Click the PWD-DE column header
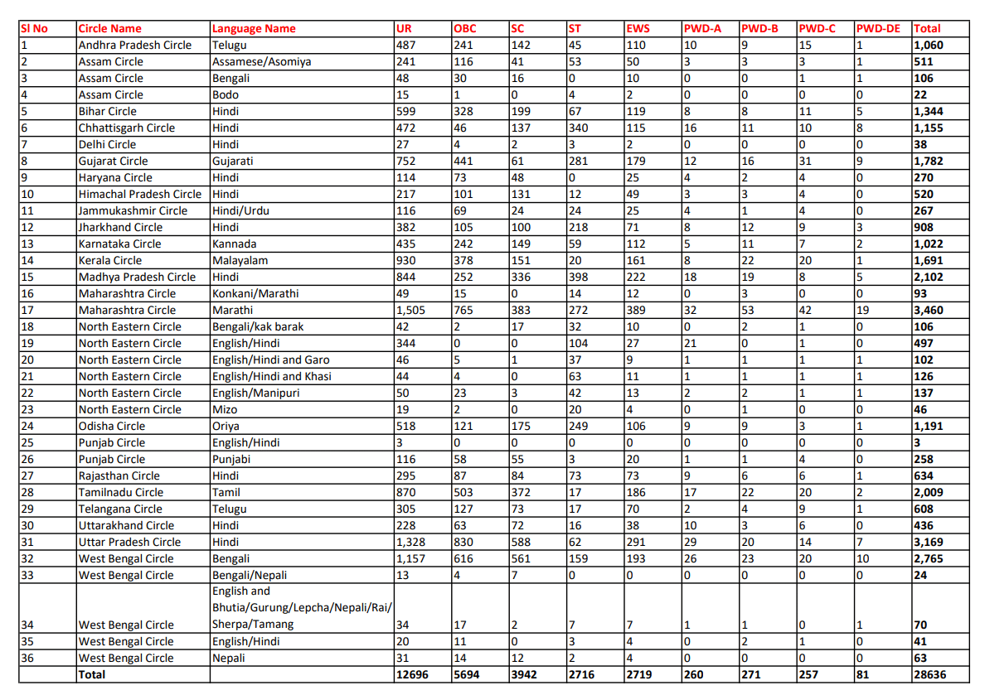coord(878,28)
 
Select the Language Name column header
coord(254,28)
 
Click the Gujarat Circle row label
coord(113,161)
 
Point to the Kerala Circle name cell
coord(110,260)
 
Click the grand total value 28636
coord(929,674)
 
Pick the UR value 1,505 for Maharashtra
coord(413,310)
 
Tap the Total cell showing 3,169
coord(928,542)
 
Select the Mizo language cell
coord(224,409)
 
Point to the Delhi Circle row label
coord(107,144)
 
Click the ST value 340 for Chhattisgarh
coord(578,128)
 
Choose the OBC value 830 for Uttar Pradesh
coord(464,542)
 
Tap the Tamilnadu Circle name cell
coord(121,492)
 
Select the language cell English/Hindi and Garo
coord(270,360)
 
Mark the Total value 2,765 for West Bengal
coord(928,558)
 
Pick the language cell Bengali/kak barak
coord(258,326)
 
